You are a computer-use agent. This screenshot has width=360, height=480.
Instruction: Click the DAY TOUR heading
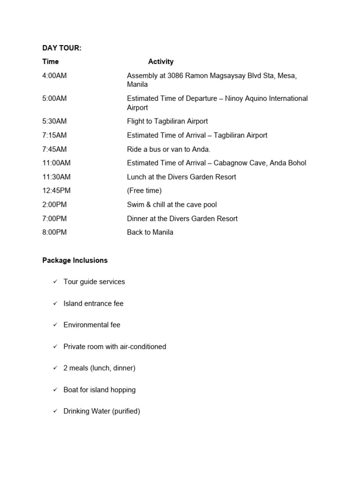pos(62,48)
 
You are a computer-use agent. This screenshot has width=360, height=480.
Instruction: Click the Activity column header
pos(161,61)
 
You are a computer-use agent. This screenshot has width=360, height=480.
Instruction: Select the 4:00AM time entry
pos(54,75)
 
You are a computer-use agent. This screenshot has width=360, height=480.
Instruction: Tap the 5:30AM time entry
pos(54,121)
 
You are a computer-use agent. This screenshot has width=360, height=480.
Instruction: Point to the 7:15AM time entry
pos(54,135)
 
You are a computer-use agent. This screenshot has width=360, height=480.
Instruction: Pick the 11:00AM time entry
pos(56,163)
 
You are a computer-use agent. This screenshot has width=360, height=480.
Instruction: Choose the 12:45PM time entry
pos(56,190)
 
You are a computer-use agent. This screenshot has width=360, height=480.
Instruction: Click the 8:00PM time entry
pos(54,232)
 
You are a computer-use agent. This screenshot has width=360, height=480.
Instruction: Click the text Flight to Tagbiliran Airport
pos(167,121)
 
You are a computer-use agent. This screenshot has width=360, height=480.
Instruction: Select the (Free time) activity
pos(144,190)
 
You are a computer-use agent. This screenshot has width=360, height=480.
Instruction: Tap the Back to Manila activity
pos(150,232)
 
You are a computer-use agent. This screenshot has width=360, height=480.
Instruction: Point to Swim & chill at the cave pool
pos(172,204)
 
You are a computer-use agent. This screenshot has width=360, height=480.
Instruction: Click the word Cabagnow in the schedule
pos(230,163)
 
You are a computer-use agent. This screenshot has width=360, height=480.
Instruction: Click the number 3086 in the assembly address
pos(176,75)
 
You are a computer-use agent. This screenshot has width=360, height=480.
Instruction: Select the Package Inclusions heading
pos(75,260)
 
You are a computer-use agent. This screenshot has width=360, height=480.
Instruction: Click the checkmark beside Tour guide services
pos(55,281)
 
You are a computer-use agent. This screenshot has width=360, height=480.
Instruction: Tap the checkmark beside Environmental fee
pos(55,324)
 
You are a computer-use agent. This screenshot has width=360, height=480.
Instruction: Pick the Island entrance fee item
pos(93,303)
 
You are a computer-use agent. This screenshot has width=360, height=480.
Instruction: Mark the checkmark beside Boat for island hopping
pos(55,389)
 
